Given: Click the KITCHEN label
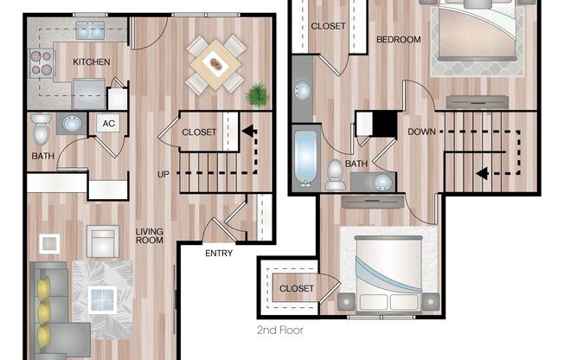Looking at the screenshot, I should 89,61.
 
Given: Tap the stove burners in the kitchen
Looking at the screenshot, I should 41,63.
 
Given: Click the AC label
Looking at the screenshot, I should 109,123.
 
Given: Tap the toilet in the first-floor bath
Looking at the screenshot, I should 40,130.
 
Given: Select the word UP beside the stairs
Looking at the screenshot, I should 163,174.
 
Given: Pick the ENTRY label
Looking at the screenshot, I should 219,254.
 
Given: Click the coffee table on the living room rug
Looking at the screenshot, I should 103,300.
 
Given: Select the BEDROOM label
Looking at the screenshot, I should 398,39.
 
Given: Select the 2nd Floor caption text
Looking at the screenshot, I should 281,330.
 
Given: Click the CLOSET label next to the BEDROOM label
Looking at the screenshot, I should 328,26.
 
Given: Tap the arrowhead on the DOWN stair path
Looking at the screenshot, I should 481,173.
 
